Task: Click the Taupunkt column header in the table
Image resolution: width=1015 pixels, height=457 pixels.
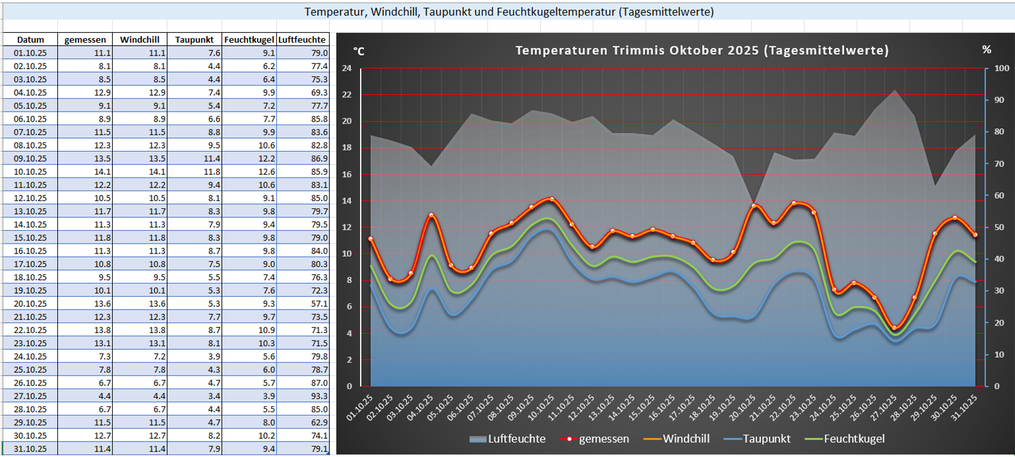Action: (194, 39)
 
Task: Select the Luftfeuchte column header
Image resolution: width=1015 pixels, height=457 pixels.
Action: (302, 39)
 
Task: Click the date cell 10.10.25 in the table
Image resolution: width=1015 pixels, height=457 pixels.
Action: (30, 171)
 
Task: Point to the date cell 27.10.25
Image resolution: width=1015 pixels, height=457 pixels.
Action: (30, 396)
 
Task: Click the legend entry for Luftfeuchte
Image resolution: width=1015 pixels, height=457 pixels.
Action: (507, 439)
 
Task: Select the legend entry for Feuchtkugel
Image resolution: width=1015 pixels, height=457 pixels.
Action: (845, 439)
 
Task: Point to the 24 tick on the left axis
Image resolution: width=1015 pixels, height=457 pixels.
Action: (347, 68)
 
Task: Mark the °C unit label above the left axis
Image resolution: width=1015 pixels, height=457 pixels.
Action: (359, 51)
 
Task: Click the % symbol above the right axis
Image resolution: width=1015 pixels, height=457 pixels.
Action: (987, 50)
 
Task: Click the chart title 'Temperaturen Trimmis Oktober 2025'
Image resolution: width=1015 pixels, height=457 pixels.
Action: (702, 51)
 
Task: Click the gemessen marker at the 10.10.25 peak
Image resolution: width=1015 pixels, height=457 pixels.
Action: (551, 199)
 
